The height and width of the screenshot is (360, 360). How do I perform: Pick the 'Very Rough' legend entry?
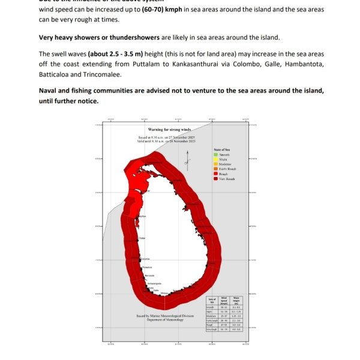(227, 179)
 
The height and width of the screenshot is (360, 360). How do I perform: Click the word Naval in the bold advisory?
(50, 90)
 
